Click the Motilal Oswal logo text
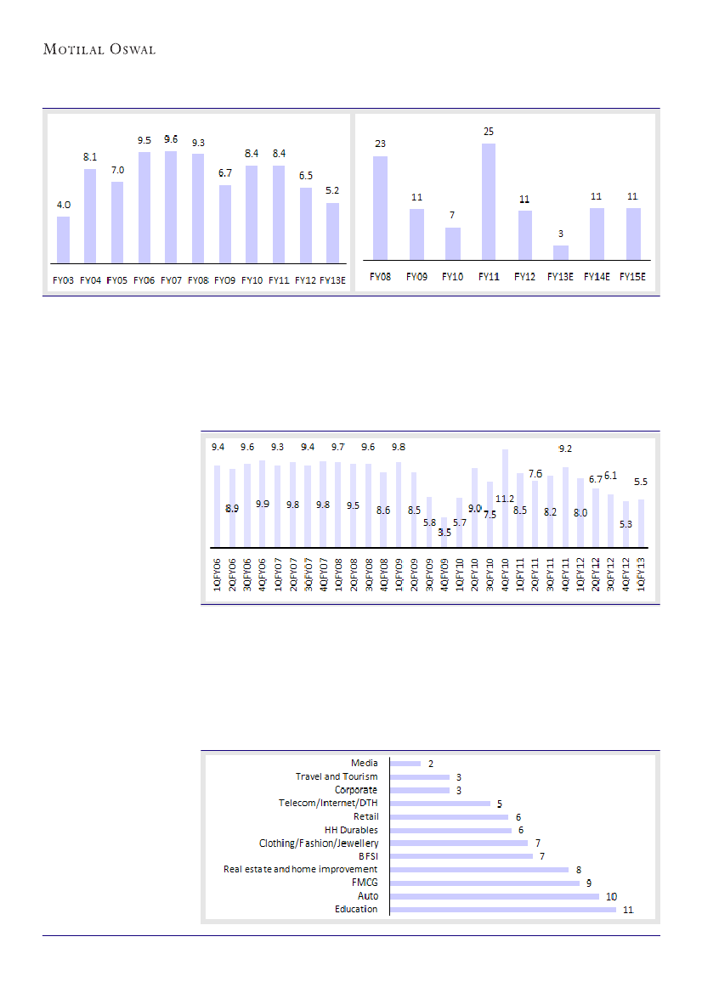pyautogui.click(x=99, y=49)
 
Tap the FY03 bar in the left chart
pyautogui.click(x=63, y=240)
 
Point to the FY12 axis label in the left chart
pyautogui.click(x=306, y=281)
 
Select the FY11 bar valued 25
pyautogui.click(x=489, y=201)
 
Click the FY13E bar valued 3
pyautogui.click(x=561, y=252)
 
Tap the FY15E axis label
pyautogui.click(x=633, y=277)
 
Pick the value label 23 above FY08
pyautogui.click(x=380, y=144)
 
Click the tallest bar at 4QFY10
pyautogui.click(x=506, y=499)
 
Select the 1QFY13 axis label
pyautogui.click(x=643, y=577)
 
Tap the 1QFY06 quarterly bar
pyautogui.click(x=218, y=506)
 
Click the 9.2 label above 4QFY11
pyautogui.click(x=565, y=449)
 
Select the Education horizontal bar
pyautogui.click(x=502, y=910)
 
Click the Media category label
pyautogui.click(x=365, y=763)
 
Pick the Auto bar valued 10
pyautogui.click(x=494, y=896)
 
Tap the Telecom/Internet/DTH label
pyautogui.click(x=328, y=803)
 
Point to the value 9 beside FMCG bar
pyautogui.click(x=588, y=883)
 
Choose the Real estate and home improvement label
pyautogui.click(x=301, y=869)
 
